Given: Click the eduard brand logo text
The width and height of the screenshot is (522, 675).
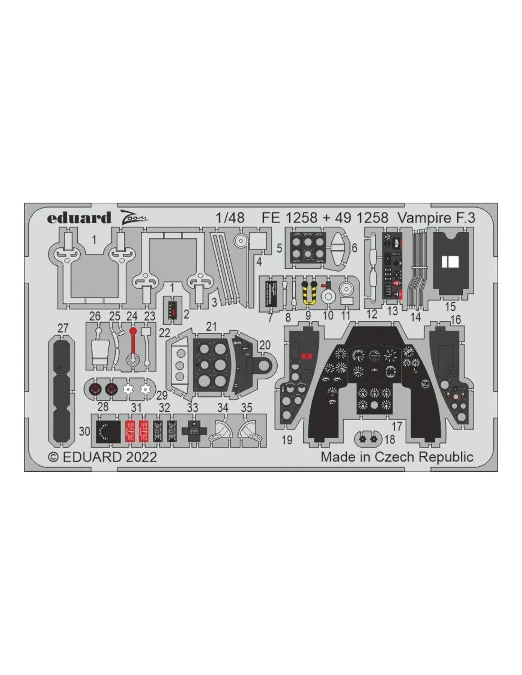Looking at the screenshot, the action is click(x=79, y=217).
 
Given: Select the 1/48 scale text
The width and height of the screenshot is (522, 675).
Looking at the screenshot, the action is click(x=230, y=218).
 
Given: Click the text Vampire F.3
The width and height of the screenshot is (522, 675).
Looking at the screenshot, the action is click(x=436, y=218).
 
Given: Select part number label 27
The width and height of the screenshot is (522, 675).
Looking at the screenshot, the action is click(x=63, y=328).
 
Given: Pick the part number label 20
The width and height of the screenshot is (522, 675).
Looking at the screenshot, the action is click(x=265, y=345).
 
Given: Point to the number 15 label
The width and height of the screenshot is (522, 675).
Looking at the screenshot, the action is click(x=450, y=307).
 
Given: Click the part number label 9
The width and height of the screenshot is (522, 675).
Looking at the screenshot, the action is click(x=308, y=315).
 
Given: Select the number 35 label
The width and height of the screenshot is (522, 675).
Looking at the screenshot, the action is click(x=247, y=408).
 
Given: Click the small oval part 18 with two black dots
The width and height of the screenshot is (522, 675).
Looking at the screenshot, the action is click(x=368, y=438).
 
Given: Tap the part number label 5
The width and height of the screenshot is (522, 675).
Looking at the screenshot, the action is click(x=280, y=248).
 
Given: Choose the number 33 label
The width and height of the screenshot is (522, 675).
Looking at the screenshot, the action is click(x=193, y=408).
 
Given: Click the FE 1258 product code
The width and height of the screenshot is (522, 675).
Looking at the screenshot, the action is click(x=289, y=218).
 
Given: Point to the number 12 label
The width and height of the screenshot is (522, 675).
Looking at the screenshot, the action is click(x=372, y=314).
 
